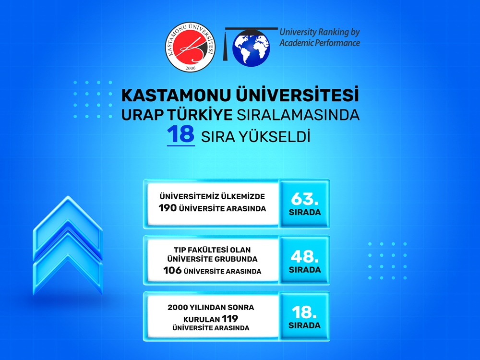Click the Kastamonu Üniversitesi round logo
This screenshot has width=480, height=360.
pos(190,47)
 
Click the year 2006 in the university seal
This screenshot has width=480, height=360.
pos(190,68)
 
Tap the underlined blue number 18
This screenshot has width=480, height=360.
pos(180,135)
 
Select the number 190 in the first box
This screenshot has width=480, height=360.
pos(168,208)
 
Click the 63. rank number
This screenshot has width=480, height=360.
pos(304,199)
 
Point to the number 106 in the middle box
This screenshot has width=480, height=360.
pos(172,271)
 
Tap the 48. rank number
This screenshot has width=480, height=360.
pos(304,256)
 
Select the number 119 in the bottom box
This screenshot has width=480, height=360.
pos(230,319)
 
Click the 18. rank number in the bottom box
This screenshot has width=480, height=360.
pos(304,312)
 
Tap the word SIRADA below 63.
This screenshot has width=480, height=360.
pos(305,212)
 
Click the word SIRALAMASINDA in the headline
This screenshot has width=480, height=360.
pos(298,115)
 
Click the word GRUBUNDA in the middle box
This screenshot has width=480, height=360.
pos(236,259)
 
